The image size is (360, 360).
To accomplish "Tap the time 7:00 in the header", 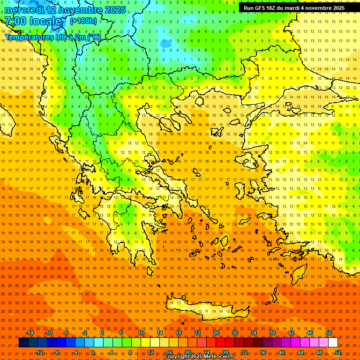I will coord(15,21).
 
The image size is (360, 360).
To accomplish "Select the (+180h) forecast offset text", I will coord(83,21).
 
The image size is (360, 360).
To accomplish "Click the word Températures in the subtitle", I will coord(29,37).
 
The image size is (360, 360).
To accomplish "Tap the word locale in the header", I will coord(45,21).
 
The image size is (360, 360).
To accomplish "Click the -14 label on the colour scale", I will coord(30,333).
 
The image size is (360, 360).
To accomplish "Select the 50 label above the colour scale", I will coord(329,333).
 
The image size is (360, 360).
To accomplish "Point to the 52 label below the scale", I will coord(338,352).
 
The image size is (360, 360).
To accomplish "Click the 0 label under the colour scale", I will coord(93,352).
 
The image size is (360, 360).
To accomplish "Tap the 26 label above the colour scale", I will coord(216,333).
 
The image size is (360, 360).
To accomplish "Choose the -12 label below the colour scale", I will coord(39,352).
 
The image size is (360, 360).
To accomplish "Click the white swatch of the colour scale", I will coord(333,343).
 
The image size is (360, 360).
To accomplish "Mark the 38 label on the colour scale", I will coord(272,333).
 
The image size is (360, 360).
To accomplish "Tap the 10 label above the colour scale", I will coord(141,333).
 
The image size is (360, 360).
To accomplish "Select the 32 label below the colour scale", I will coord(244,352).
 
